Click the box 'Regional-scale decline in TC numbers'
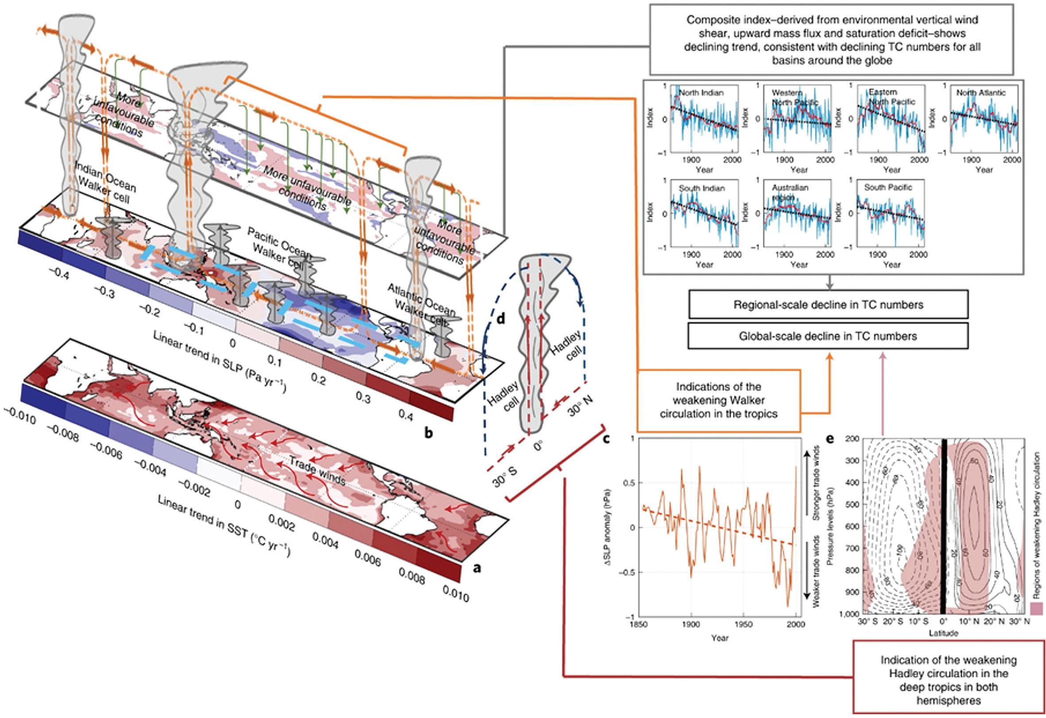828,305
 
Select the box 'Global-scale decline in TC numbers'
828,336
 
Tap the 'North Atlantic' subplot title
981,93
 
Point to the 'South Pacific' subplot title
888,187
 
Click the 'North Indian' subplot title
701,93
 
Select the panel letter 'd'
500,319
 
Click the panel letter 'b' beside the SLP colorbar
429,433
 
